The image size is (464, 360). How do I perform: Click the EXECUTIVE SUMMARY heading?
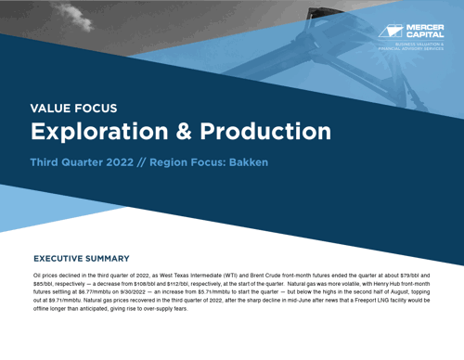[81, 259]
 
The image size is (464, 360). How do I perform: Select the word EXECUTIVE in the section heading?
[60, 259]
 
